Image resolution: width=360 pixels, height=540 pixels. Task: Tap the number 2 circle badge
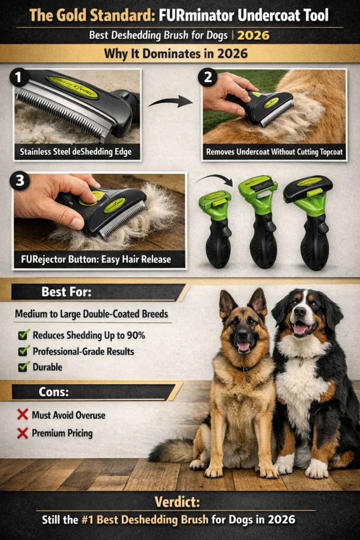click(x=207, y=78)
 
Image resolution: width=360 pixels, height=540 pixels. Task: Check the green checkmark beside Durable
click(x=24, y=367)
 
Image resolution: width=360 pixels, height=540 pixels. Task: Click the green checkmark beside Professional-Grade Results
click(x=24, y=351)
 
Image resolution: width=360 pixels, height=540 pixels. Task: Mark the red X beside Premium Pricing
click(x=23, y=433)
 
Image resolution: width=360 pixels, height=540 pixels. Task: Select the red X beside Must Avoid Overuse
click(x=23, y=415)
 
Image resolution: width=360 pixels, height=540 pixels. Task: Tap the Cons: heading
click(x=55, y=391)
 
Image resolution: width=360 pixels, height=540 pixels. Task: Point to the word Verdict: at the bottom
click(x=180, y=501)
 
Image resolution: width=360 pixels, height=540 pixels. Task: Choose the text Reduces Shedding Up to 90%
click(x=89, y=335)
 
